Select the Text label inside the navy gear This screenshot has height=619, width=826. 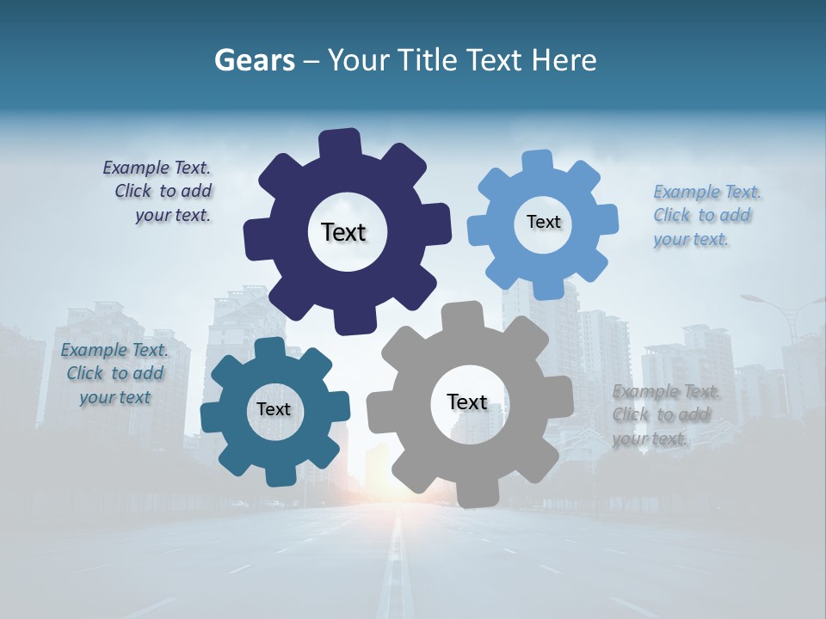pos(343,232)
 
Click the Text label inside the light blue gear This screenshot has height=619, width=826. pos(543,222)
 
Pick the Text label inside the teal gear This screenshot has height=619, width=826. pos(274,409)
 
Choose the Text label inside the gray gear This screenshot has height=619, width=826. pos(467,401)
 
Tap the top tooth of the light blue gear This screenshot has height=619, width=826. pos(536,162)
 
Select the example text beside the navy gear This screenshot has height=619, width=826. pos(160,192)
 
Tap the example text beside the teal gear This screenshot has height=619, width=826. pos(115,373)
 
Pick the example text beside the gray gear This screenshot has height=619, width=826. pos(664,415)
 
